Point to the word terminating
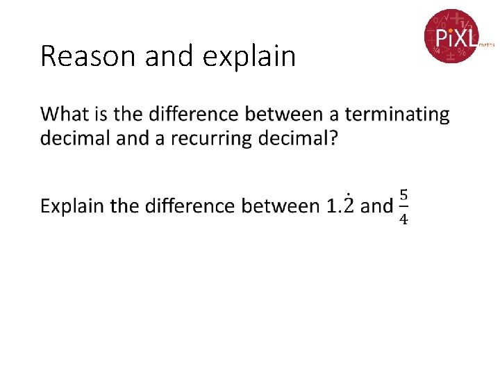coord(397,114)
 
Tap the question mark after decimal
coord(333,138)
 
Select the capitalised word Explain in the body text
coord(72,206)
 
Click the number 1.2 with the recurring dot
coord(340,206)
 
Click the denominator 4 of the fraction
coord(403,220)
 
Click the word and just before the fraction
coord(377,206)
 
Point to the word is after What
coord(103,114)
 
